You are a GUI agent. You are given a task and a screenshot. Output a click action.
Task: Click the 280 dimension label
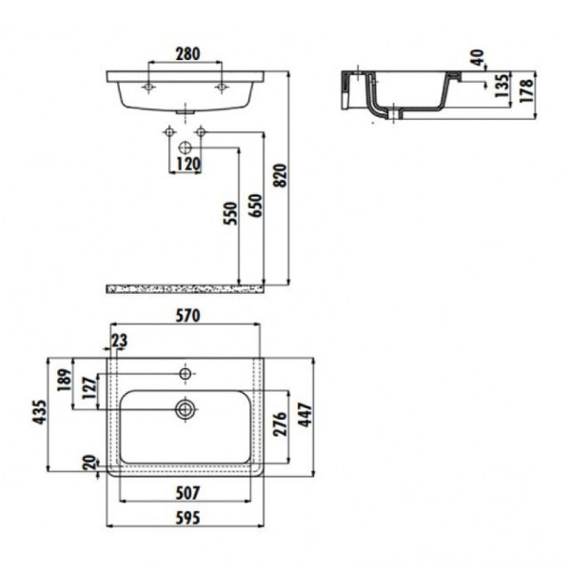click(186, 55)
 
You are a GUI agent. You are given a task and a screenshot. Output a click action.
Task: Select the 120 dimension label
click(186, 164)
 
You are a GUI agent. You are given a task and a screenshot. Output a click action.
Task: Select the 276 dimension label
click(281, 423)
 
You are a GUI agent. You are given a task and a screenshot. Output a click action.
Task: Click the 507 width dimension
click(186, 493)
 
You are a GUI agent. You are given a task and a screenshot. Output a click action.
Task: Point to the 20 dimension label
click(89, 463)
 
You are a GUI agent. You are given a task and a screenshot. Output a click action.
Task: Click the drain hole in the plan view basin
click(186, 409)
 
